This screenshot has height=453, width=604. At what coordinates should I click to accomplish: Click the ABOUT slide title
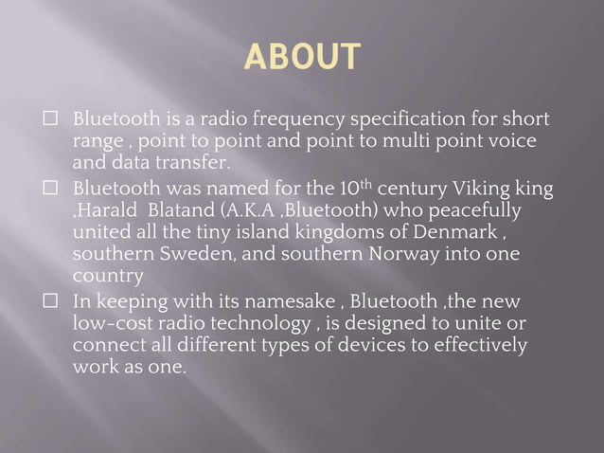[x=302, y=56]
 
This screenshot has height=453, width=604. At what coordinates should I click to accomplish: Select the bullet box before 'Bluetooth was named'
[x=52, y=189]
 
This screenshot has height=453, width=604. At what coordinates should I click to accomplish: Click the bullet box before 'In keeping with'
[x=52, y=302]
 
